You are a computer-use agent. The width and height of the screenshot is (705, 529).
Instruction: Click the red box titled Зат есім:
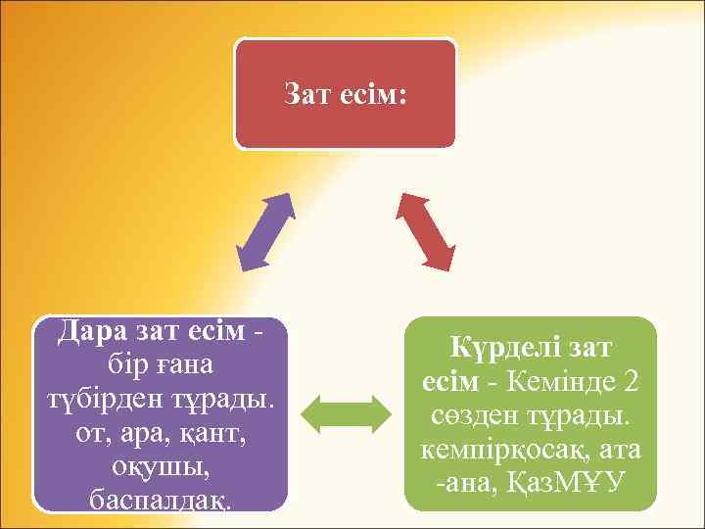click(x=345, y=94)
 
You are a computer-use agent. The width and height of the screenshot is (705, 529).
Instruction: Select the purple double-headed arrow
click(x=266, y=231)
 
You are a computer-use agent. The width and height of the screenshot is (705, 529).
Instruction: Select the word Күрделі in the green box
click(x=496, y=348)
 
